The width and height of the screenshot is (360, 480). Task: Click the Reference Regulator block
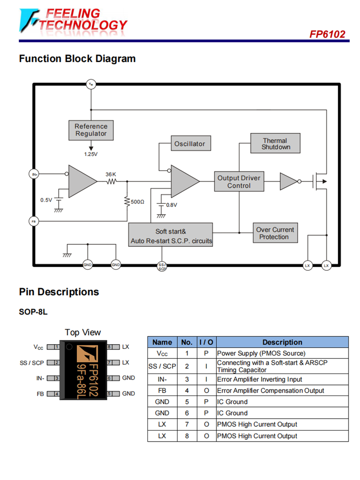pyautogui.click(x=91, y=130)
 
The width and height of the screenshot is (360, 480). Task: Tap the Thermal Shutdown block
pyautogui.click(x=276, y=144)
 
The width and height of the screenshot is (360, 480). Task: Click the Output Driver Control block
pyautogui.click(x=239, y=181)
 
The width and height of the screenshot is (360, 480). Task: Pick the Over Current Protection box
pyautogui.click(x=274, y=233)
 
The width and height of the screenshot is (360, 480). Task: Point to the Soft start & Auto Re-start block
pyautogui.click(x=170, y=236)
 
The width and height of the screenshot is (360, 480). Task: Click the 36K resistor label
pyautogui.click(x=111, y=174)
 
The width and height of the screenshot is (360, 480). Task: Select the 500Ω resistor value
pyautogui.click(x=137, y=202)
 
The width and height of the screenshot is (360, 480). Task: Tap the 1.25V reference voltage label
pyautogui.click(x=91, y=154)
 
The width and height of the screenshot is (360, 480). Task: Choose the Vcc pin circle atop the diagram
pyautogui.click(x=91, y=84)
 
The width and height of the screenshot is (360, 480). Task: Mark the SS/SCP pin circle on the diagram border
pyautogui.click(x=162, y=266)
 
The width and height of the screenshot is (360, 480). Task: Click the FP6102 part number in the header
pyautogui.click(x=327, y=35)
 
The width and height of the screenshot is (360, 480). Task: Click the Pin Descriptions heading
pyautogui.click(x=59, y=292)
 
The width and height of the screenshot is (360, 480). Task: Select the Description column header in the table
pyautogui.click(x=282, y=342)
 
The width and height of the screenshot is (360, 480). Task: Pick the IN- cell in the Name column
pyautogui.click(x=162, y=379)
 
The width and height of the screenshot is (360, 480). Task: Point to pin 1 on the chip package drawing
pyautogui.click(x=57, y=347)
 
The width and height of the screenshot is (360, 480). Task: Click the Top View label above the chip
pyautogui.click(x=83, y=332)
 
